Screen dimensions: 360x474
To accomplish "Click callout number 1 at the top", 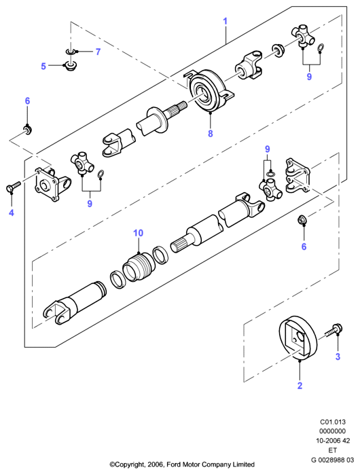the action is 225,22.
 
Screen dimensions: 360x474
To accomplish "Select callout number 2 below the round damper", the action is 300,386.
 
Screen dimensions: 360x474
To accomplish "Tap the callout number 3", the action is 338,357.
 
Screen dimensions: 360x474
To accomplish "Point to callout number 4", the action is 12,213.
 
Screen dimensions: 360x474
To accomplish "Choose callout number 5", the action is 43,66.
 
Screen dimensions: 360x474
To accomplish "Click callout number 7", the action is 98,52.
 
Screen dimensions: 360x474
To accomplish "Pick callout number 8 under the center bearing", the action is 211,133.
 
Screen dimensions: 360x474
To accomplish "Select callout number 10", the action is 138,233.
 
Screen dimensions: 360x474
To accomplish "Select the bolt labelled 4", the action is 12,186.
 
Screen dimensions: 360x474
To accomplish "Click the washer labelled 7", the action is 71,52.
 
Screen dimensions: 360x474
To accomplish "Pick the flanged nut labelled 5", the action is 71,66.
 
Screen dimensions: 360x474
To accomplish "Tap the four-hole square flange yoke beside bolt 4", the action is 52,184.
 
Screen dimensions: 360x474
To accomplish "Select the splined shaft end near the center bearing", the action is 179,107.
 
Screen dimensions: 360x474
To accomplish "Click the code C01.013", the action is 333,422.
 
